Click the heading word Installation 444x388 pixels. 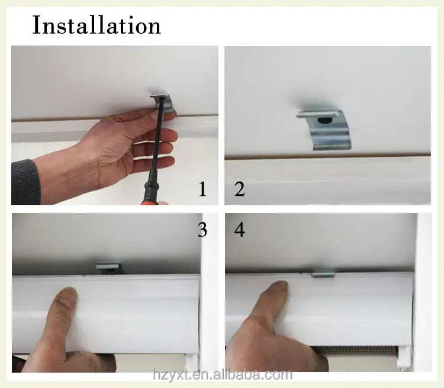click(x=97, y=25)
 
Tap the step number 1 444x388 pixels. click(x=202, y=189)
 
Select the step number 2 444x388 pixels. click(x=240, y=189)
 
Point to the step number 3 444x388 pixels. click(x=202, y=229)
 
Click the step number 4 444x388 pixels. click(x=240, y=229)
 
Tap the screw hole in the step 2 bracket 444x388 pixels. click(x=324, y=121)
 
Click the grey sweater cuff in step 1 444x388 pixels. click(x=25, y=182)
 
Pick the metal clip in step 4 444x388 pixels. click(x=323, y=274)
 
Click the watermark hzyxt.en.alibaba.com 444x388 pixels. click(x=223, y=375)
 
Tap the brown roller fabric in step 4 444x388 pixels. click(x=355, y=350)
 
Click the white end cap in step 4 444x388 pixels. click(x=404, y=357)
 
